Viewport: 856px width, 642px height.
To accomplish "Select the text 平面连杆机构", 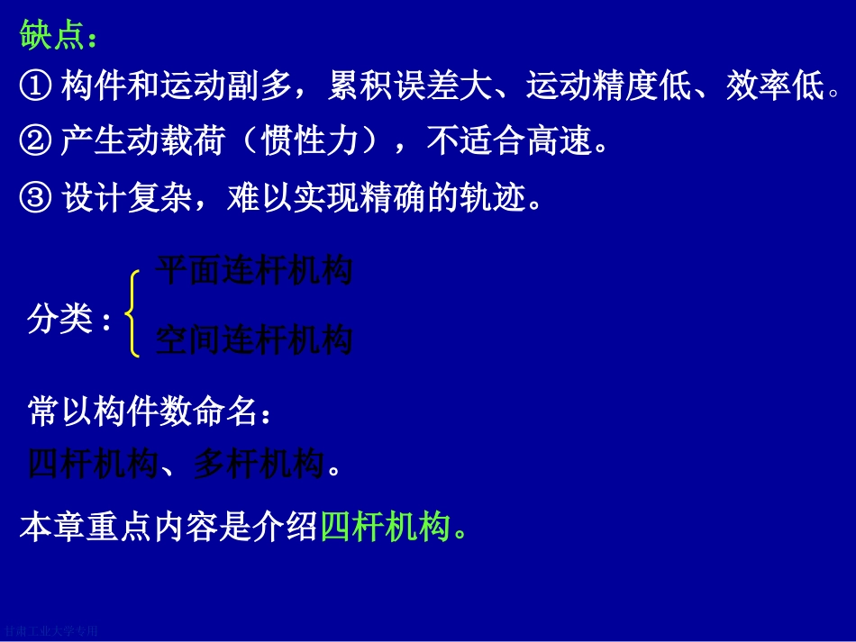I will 253,271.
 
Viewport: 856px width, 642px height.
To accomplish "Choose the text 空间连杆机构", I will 253,340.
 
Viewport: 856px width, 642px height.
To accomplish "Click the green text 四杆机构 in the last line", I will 385,527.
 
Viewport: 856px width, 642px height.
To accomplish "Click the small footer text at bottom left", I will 50,632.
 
